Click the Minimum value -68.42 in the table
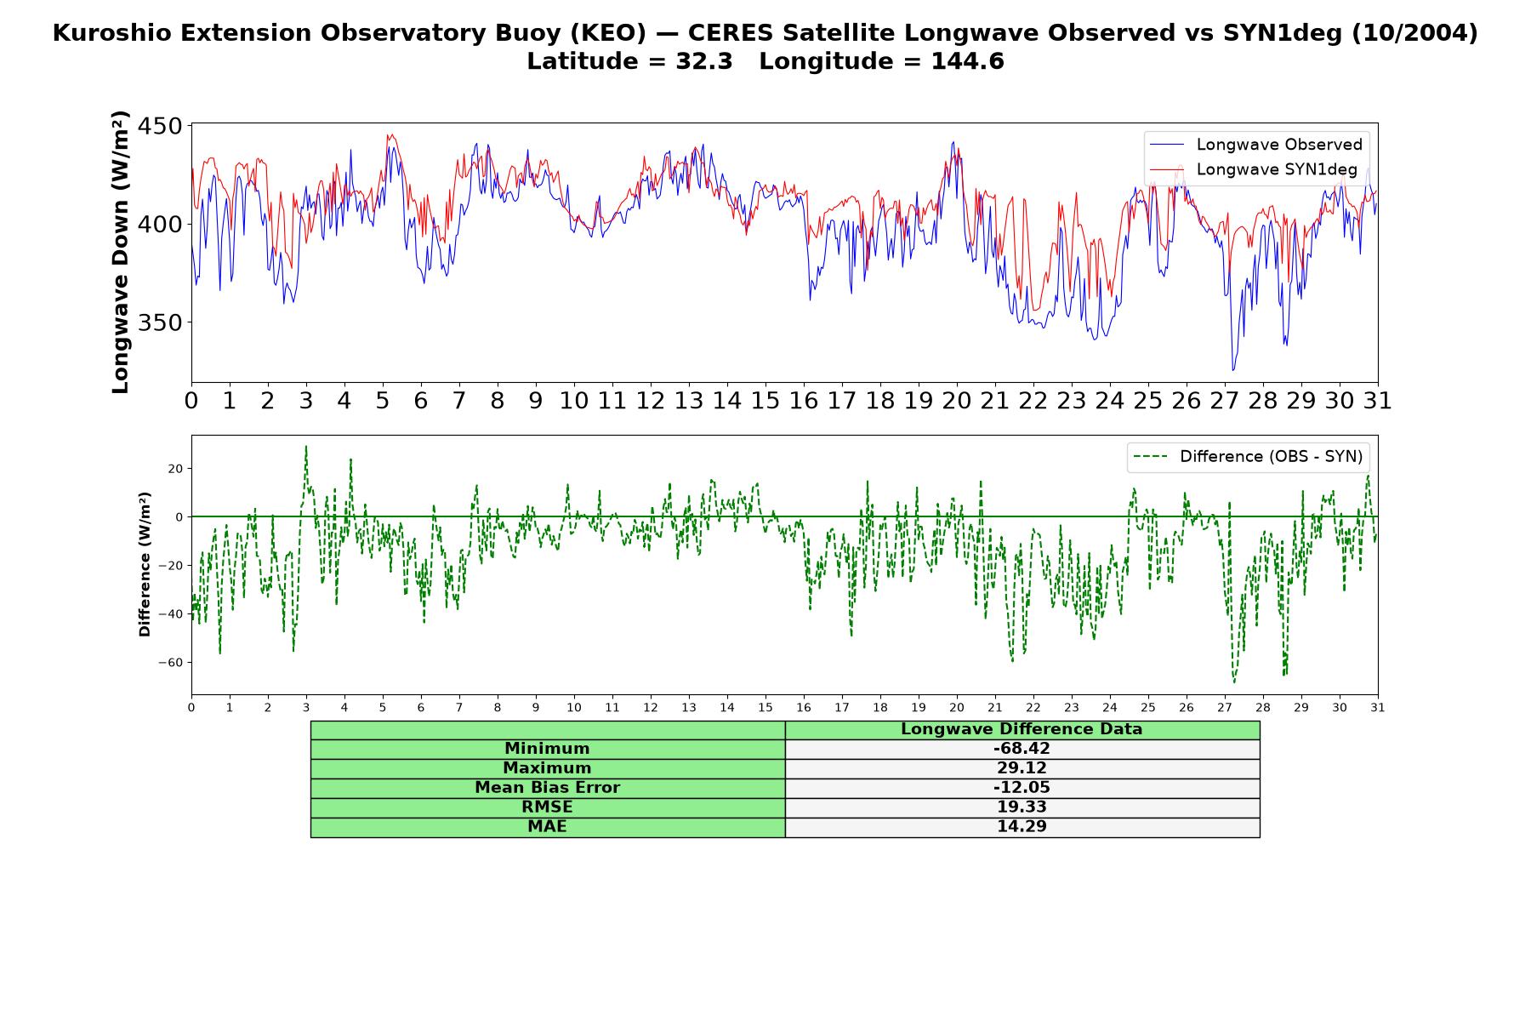click(1022, 749)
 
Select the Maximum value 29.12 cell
click(1022, 768)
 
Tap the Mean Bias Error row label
click(547, 788)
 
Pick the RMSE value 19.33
click(1022, 807)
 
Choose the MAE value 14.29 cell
click(1022, 827)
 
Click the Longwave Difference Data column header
click(1022, 729)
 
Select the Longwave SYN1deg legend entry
click(1254, 169)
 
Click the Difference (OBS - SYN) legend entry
click(1249, 457)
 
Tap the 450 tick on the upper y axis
click(159, 126)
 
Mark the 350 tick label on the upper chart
click(159, 322)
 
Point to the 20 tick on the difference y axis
click(175, 469)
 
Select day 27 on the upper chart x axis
click(1225, 401)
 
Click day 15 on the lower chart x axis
click(765, 708)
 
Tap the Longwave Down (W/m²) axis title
click(120, 252)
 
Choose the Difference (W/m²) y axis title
click(145, 564)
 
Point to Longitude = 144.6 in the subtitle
click(881, 61)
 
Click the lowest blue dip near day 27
click(1233, 370)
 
